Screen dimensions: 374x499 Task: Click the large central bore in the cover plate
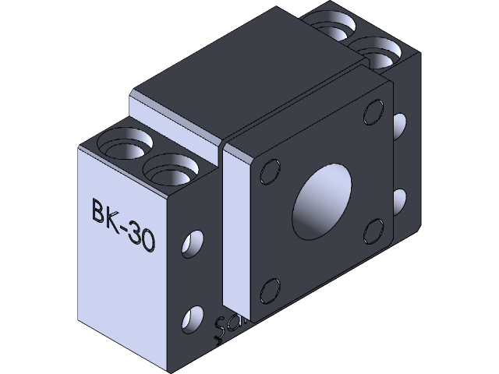pyautogui.click(x=321, y=201)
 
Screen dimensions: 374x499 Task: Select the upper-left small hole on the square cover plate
pyautogui.click(x=270, y=171)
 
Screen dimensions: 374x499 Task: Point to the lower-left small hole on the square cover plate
pyautogui.click(x=271, y=289)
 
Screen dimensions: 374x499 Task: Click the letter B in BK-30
pyautogui.click(x=99, y=211)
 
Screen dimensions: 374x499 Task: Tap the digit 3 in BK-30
pyautogui.click(x=136, y=235)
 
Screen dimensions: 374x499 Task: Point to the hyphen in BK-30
pyautogui.click(x=126, y=228)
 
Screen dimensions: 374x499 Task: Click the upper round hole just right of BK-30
pyautogui.click(x=190, y=245)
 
